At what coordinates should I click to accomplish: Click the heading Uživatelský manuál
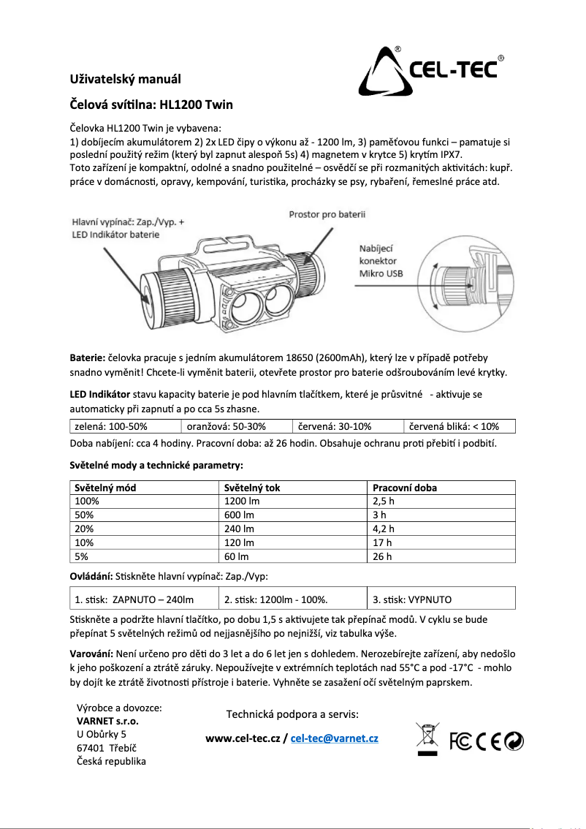(125, 79)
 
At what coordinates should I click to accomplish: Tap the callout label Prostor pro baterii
(327, 214)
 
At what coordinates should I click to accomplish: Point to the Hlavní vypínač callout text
(128, 227)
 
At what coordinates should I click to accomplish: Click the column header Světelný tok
(252, 488)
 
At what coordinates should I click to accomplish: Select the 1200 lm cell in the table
(242, 501)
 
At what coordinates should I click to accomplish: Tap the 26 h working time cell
(382, 556)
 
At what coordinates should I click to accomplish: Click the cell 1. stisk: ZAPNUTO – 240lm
(134, 599)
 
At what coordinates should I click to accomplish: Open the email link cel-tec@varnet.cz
(334, 738)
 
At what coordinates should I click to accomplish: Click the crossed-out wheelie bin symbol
(426, 739)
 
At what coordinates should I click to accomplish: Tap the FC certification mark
(460, 741)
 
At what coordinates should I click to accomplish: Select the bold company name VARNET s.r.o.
(107, 721)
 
